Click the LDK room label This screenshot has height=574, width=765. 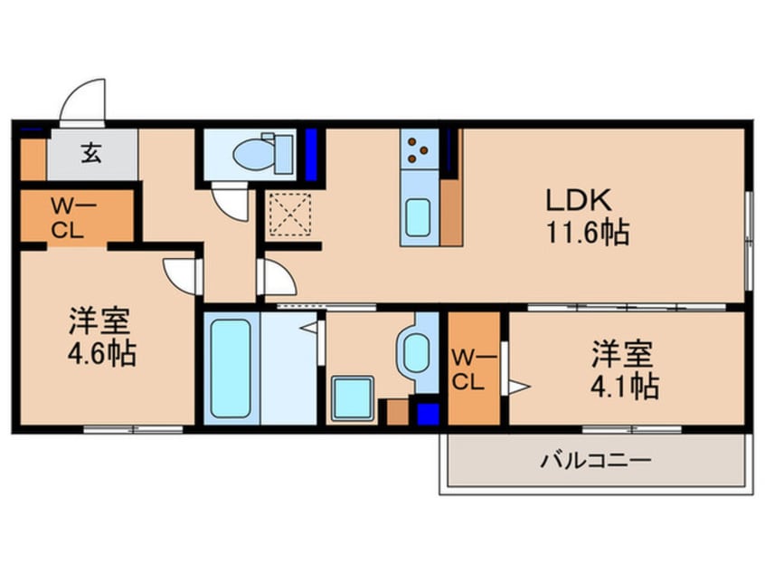[x=579, y=199]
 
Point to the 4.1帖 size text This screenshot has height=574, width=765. [x=624, y=387]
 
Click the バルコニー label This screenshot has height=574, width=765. [x=595, y=461]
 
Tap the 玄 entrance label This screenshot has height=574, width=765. [x=92, y=153]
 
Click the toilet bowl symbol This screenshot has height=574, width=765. [x=257, y=153]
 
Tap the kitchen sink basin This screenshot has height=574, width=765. [x=418, y=217]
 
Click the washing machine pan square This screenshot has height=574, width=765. [x=353, y=398]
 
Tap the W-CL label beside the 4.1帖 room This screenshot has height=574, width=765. [x=470, y=369]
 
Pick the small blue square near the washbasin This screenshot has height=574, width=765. [x=428, y=414]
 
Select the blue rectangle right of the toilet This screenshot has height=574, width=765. [x=311, y=155]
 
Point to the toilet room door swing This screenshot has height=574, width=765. [x=230, y=201]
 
